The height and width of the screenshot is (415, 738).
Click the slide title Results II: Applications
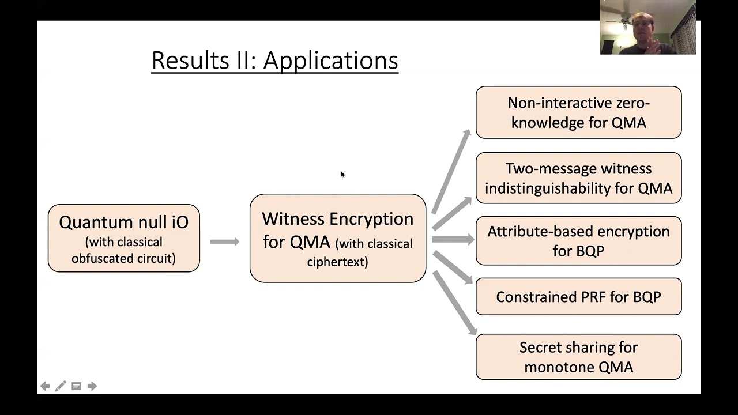point(274,61)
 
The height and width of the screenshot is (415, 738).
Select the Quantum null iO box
point(123,238)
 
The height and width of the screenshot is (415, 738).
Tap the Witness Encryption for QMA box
point(337,238)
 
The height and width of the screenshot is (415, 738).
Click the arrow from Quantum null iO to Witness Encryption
point(224,242)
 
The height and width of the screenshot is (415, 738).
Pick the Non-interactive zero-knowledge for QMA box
point(578,112)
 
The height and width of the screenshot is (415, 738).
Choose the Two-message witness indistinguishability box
point(578,178)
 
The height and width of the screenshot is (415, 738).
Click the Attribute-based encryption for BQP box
point(578,240)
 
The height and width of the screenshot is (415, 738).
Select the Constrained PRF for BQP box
point(578,297)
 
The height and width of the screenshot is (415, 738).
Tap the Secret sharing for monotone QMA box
point(578,357)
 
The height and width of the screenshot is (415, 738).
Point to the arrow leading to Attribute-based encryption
point(453,239)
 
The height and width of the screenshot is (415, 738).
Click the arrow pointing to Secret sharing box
point(454,303)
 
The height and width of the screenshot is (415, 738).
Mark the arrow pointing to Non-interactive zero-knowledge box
point(451,171)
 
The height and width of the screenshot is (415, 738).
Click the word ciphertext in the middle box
point(337,262)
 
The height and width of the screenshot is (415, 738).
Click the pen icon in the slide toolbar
point(61,386)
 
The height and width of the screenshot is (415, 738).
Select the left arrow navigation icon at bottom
point(45,386)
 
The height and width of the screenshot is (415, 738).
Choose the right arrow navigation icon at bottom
point(92,386)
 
